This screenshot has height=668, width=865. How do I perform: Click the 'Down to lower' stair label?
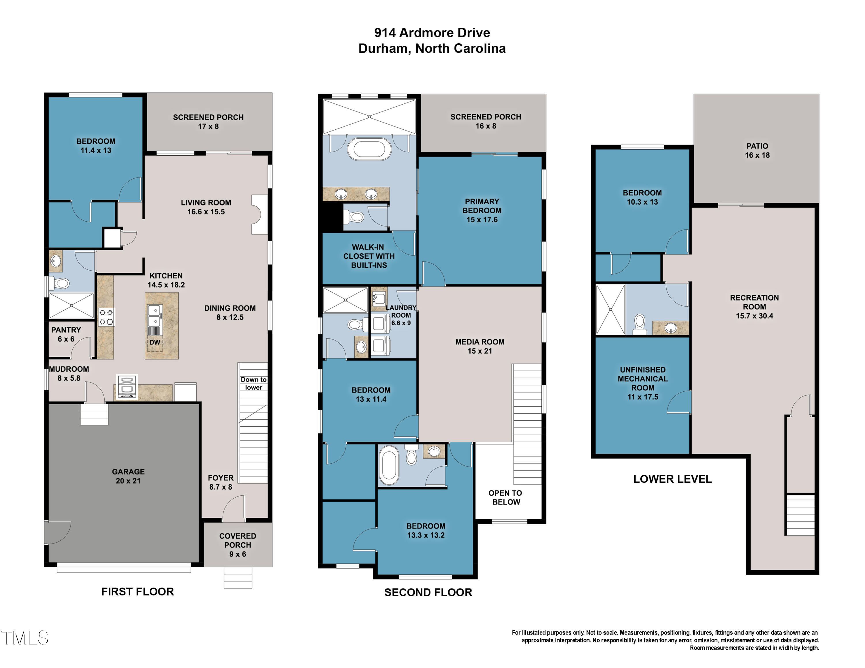click(253, 384)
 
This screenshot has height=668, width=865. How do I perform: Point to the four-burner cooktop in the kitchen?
click(106, 317)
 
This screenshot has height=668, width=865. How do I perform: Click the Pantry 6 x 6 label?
click(66, 334)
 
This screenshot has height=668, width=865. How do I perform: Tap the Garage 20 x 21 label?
click(128, 476)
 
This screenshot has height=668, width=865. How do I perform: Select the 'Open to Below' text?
click(505, 497)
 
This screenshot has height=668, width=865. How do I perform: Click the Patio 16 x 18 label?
click(757, 151)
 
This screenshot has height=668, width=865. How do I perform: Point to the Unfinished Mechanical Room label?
click(643, 383)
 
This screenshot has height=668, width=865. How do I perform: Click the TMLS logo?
click(25, 638)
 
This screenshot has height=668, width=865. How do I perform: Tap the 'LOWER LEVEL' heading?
click(672, 479)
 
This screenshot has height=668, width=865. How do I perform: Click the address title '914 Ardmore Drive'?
click(432, 33)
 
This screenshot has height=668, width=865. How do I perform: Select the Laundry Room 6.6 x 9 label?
click(401, 315)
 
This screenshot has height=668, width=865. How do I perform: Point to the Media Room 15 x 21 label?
click(479, 346)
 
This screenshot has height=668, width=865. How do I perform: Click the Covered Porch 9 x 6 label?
click(238, 545)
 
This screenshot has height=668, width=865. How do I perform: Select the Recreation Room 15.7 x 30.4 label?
click(755, 307)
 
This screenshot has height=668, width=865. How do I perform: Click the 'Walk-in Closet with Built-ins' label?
click(369, 256)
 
